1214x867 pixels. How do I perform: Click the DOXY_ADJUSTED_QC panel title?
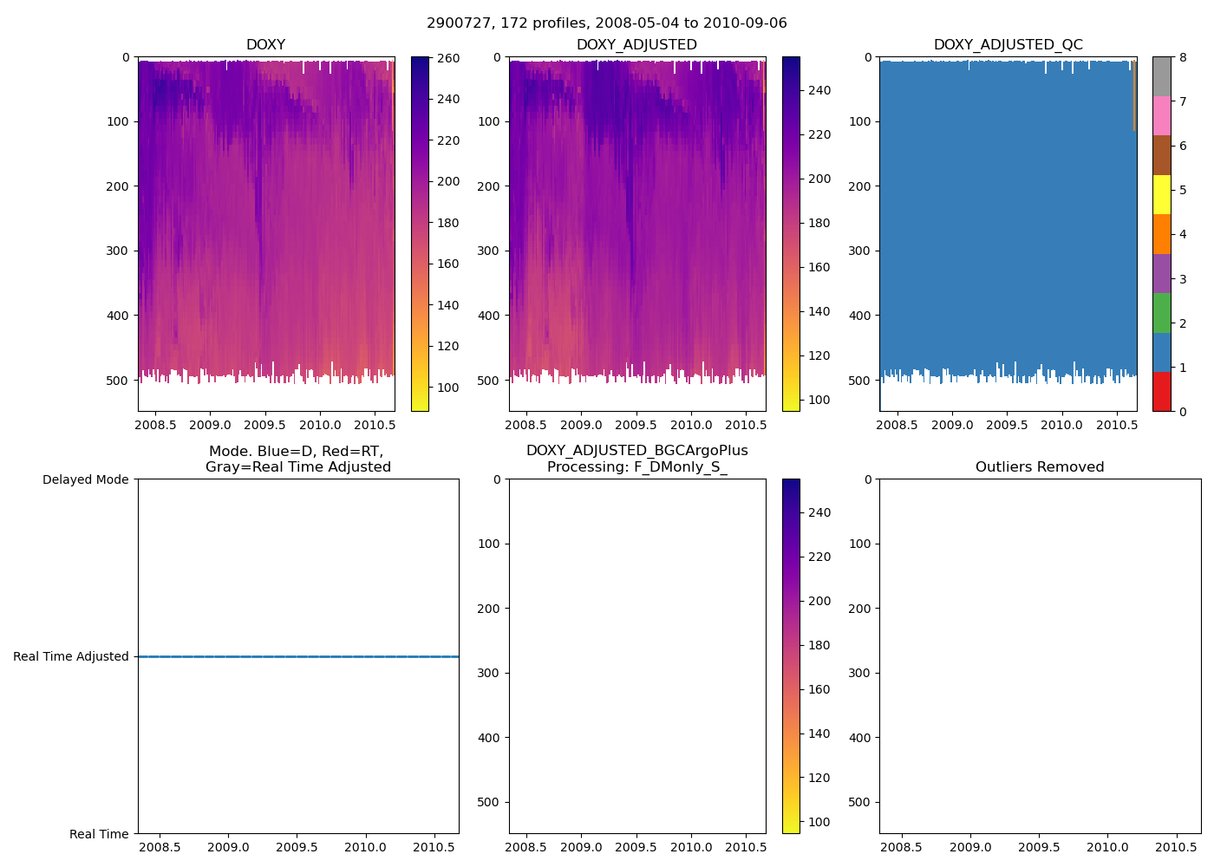[1008, 45]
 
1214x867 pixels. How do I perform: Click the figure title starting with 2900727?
[607, 23]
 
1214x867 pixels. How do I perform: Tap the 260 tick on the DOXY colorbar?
[447, 58]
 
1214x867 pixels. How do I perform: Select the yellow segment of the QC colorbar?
[1162, 194]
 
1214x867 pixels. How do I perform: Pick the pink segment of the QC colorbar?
[1162, 115]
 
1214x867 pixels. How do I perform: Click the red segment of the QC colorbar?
[1162, 392]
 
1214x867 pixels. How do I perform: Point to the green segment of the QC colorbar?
[1162, 313]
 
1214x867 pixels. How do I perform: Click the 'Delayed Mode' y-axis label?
[85, 479]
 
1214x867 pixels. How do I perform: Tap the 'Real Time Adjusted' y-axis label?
[71, 656]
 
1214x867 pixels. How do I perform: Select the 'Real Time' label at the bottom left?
[99, 834]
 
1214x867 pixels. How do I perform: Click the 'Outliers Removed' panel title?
[1040, 467]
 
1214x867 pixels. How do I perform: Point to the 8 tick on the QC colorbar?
[1182, 58]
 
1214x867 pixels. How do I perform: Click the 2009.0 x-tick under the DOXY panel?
[210, 425]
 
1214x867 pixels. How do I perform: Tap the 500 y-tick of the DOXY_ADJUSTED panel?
[489, 381]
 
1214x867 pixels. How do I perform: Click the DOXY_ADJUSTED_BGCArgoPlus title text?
[636, 451]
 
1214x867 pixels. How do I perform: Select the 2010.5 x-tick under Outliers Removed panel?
[1176, 847]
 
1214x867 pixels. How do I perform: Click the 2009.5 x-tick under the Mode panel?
[297, 847]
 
